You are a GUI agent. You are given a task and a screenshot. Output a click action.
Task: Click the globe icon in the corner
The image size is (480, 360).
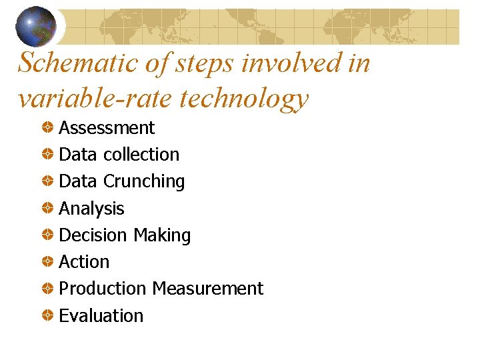(x=35, y=25)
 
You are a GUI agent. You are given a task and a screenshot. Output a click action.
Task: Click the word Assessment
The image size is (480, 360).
(x=107, y=128)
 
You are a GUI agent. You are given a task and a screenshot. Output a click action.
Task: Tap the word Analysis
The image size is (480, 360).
(x=91, y=209)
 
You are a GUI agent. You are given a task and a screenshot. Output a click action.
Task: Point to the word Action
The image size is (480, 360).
(x=84, y=262)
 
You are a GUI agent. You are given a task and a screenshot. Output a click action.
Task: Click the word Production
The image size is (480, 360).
(x=103, y=289)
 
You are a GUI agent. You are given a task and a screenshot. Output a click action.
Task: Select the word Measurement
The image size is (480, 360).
(x=207, y=289)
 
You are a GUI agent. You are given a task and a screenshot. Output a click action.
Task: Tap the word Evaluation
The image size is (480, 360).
(x=101, y=316)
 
